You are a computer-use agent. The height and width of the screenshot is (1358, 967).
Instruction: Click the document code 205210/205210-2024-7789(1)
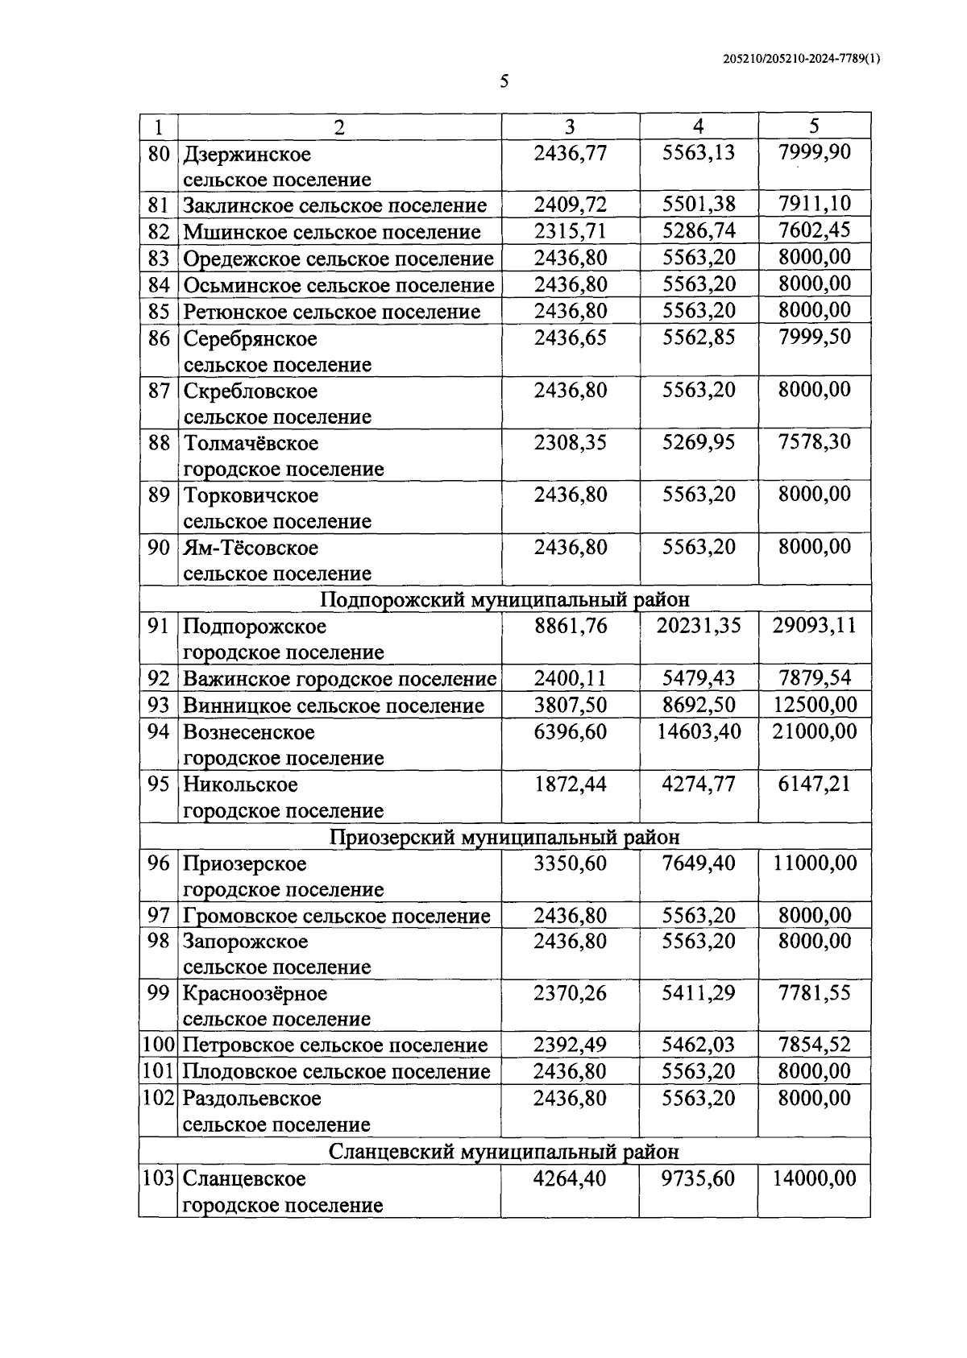[x=802, y=58]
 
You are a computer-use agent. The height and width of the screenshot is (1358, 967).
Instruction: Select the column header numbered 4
[x=698, y=126]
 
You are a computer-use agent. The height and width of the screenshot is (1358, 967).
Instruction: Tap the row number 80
[x=159, y=153]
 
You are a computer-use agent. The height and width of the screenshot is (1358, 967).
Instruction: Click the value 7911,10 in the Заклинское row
[x=814, y=204]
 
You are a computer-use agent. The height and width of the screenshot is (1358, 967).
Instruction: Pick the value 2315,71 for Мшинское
[x=570, y=231]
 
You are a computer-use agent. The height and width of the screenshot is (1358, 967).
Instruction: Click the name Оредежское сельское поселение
[x=338, y=259]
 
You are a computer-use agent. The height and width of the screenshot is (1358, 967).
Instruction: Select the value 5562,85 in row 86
[x=699, y=337]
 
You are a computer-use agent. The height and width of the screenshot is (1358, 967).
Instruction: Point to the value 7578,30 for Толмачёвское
[x=814, y=441]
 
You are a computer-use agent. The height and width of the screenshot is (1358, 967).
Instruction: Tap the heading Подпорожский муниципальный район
[x=504, y=599]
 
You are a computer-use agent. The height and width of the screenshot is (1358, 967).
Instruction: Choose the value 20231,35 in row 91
[x=698, y=626]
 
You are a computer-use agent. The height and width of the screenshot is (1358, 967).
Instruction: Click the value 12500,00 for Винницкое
[x=814, y=705]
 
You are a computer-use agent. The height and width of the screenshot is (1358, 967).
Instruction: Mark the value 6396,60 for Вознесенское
[x=570, y=731]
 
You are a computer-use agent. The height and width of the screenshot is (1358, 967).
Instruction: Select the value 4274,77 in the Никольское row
[x=698, y=784]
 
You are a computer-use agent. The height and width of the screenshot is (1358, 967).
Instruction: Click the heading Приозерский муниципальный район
[x=504, y=837]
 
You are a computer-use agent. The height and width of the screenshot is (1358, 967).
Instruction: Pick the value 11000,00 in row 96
[x=814, y=863]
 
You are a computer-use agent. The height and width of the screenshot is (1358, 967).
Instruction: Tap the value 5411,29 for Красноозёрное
[x=698, y=992]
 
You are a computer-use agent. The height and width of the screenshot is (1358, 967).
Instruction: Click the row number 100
[x=159, y=1045]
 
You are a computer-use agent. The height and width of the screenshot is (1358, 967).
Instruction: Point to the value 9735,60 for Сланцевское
[x=698, y=1178]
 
